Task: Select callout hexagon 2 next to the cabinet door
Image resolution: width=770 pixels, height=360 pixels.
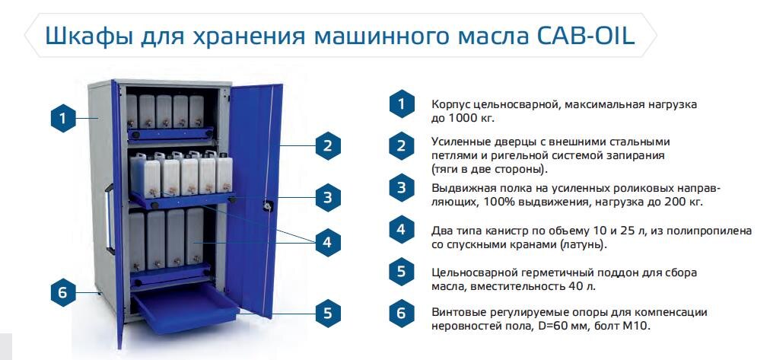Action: point(327,145)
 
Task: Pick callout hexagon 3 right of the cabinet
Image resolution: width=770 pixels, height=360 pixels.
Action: point(327,198)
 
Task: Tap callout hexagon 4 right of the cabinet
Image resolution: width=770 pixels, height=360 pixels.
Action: point(327,243)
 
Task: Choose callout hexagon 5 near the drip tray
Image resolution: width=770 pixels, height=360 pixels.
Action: point(327,312)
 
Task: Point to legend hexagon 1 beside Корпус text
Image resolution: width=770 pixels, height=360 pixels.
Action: point(401,104)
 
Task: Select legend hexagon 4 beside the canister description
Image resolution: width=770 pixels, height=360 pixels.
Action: point(401,230)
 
